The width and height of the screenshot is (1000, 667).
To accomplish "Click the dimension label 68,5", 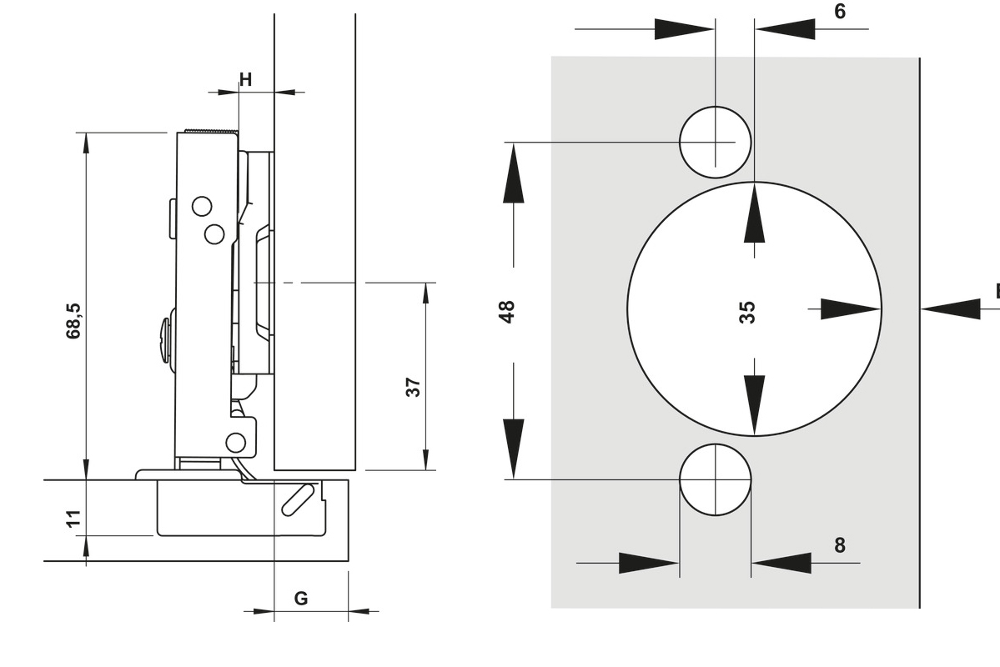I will [x=74, y=319].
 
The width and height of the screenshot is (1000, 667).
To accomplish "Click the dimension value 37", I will [x=413, y=386].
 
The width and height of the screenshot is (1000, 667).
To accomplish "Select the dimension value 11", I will [x=74, y=519].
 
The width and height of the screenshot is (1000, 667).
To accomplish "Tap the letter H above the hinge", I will [x=245, y=80].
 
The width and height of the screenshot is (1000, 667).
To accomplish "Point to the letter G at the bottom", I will [x=301, y=599].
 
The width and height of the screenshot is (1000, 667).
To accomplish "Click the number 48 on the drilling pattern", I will [x=507, y=311].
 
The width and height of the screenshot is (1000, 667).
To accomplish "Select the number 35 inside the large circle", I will [x=747, y=312].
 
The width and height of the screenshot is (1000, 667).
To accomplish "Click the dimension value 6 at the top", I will [x=839, y=12].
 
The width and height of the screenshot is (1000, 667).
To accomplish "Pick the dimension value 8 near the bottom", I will [x=839, y=545].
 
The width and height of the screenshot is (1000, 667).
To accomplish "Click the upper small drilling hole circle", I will [x=715, y=142].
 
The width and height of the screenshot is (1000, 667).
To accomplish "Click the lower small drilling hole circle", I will [x=715, y=480].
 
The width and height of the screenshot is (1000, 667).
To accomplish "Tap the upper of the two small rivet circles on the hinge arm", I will [x=202, y=205].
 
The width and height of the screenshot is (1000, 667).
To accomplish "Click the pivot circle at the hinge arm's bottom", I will [x=237, y=442].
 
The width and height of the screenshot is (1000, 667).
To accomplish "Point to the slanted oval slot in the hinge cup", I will [x=297, y=499].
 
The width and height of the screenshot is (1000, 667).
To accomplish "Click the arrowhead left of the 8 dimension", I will [x=648, y=563].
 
